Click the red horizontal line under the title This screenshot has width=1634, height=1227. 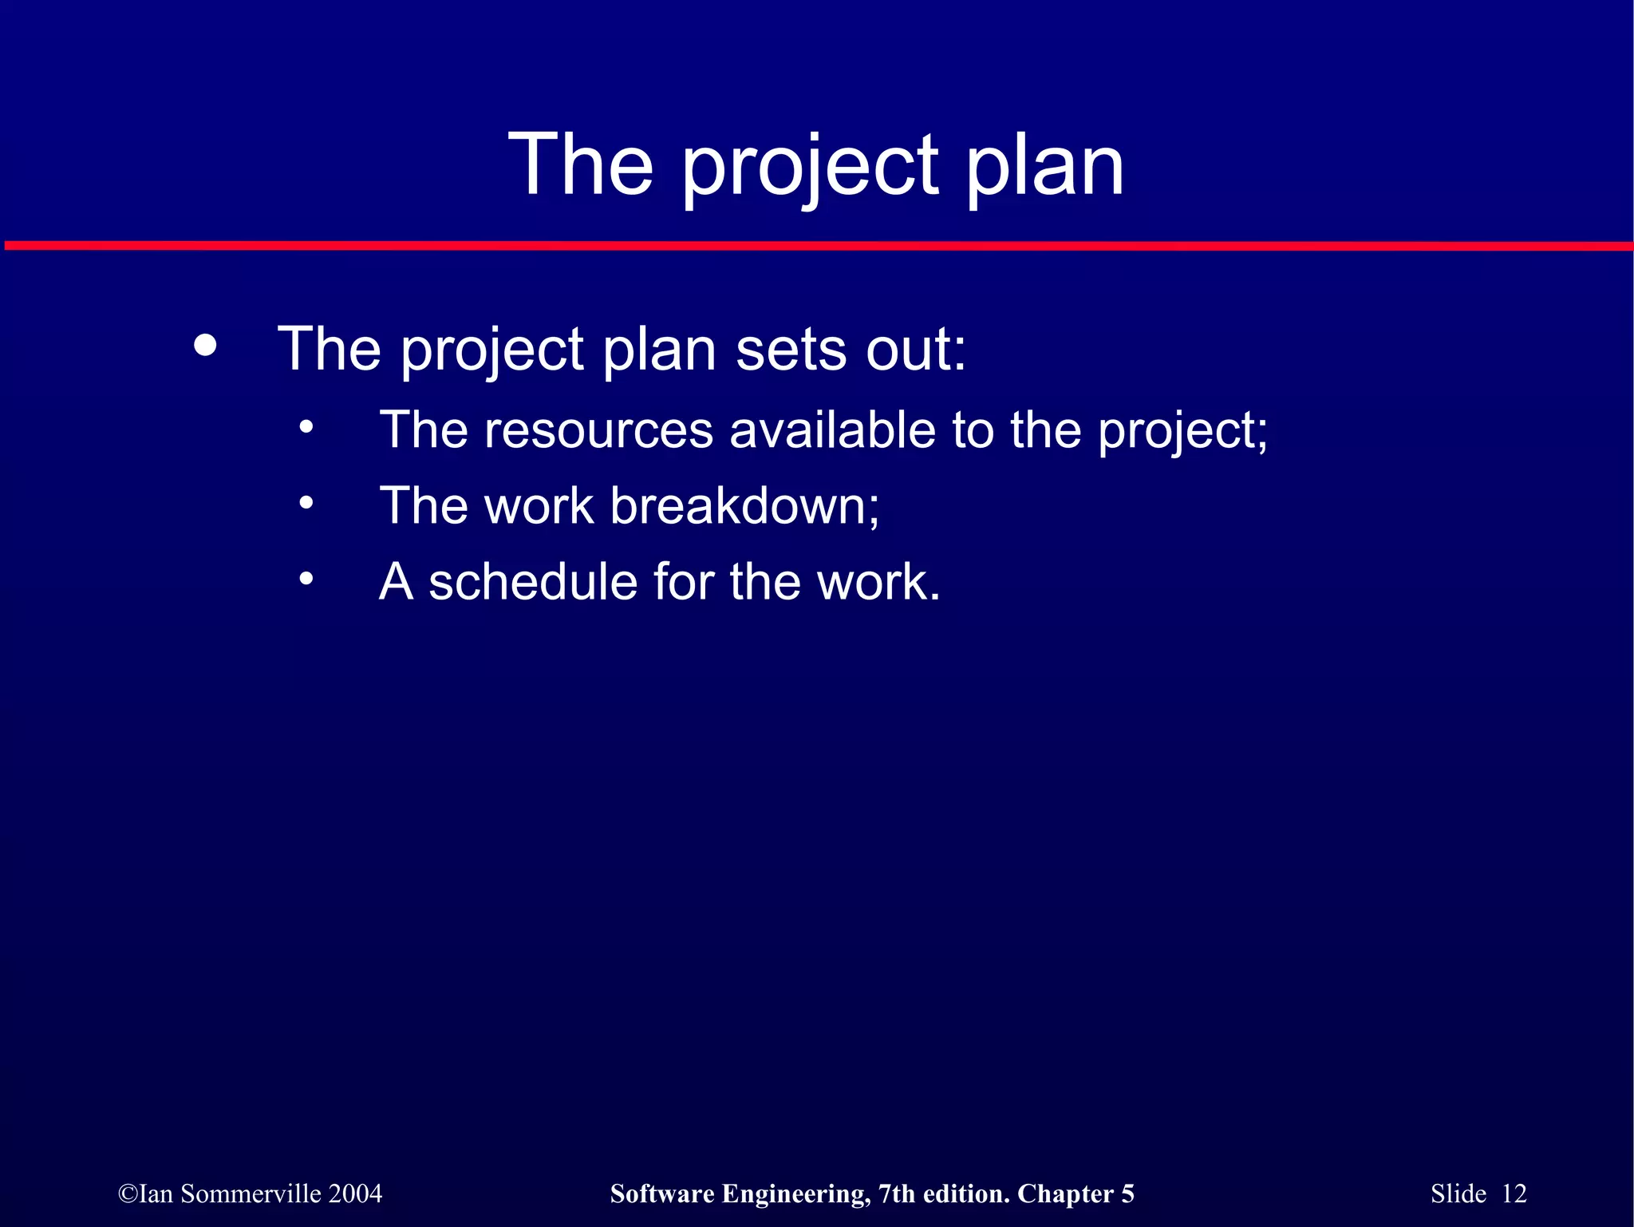817,246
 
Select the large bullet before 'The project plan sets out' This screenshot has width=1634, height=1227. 205,346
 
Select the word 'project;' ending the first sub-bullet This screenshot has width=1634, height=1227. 1183,432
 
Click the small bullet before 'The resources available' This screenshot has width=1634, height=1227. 306,429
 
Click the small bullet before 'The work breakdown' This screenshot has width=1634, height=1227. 306,504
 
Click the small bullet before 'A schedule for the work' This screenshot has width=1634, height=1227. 306,579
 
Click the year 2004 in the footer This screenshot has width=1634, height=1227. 355,1193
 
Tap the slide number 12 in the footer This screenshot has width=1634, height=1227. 1514,1193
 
